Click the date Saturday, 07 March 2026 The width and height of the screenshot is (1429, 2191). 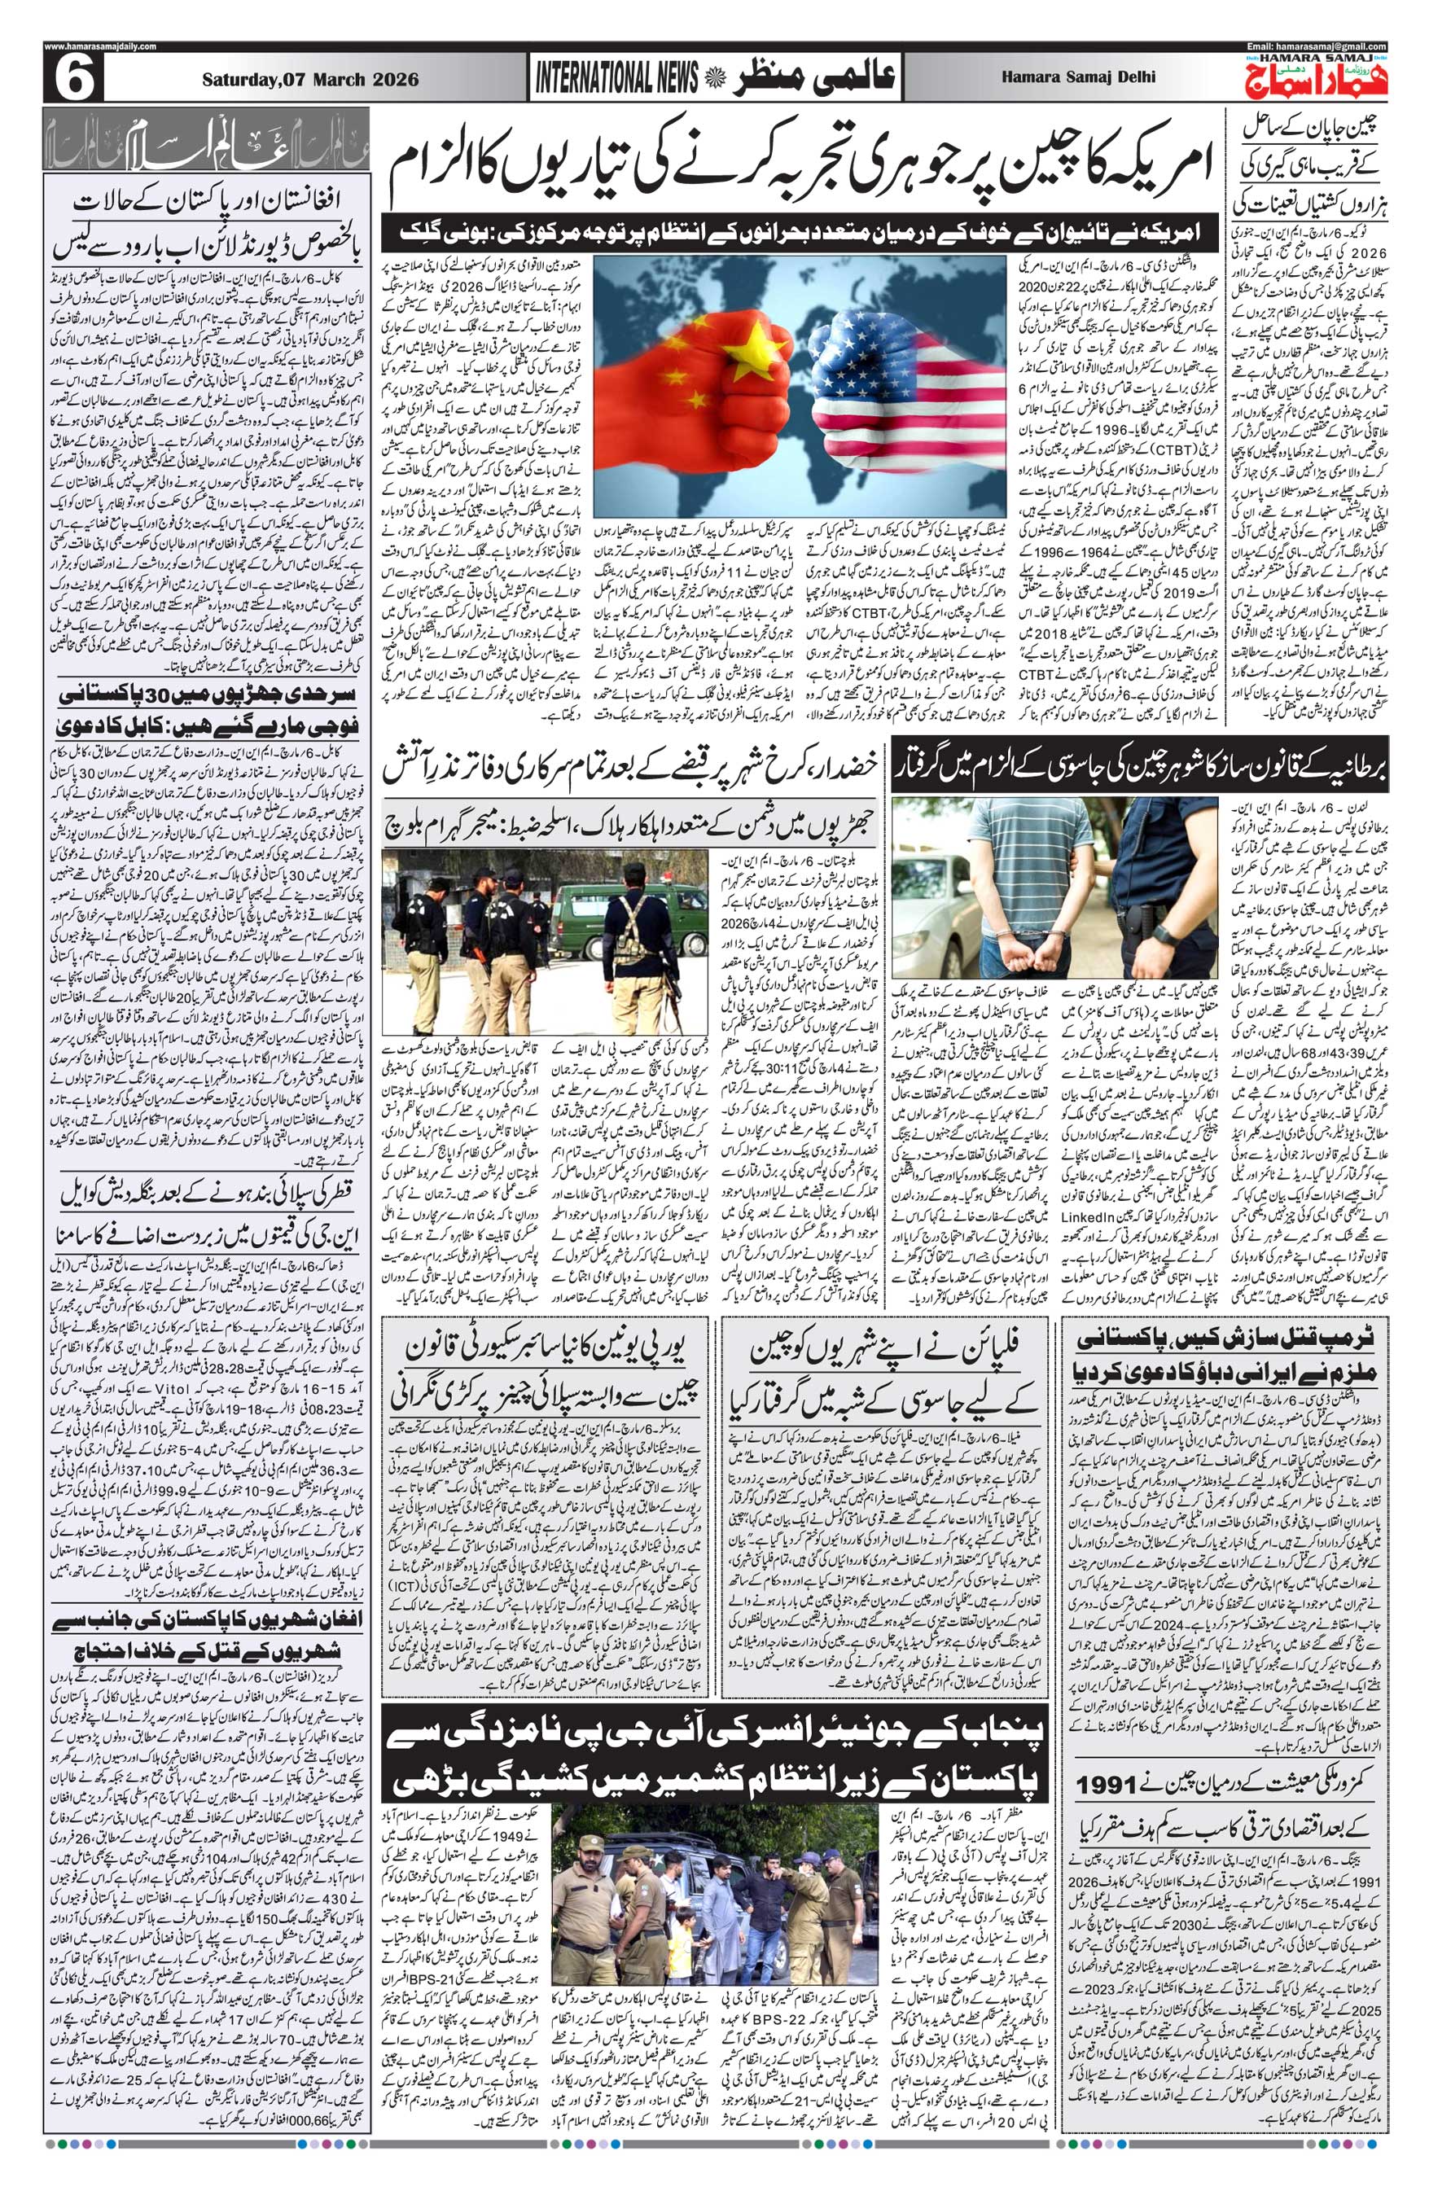point(310,80)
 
